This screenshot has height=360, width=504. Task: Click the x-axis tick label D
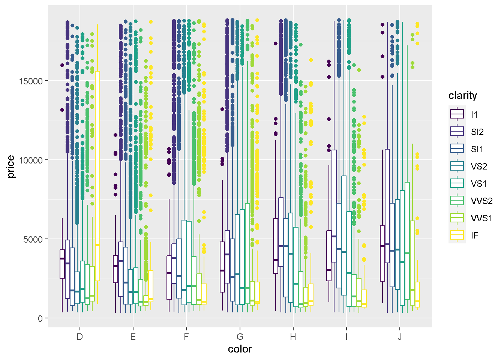(x=79, y=337)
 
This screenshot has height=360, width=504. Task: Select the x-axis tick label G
(x=240, y=337)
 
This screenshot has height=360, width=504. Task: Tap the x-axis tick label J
(x=400, y=337)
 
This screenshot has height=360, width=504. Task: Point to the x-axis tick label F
(x=186, y=337)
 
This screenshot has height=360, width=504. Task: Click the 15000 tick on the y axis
(x=31, y=81)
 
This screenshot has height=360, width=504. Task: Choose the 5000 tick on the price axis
(x=33, y=239)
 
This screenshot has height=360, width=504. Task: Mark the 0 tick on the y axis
(x=40, y=318)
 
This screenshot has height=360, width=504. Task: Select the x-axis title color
(x=240, y=349)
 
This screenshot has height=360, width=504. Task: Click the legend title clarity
(x=463, y=96)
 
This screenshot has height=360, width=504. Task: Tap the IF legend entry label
(x=475, y=235)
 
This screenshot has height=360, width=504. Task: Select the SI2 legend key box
(x=457, y=132)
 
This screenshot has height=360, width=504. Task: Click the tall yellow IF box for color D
(x=97, y=176)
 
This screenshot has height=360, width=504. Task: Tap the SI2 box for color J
(x=387, y=206)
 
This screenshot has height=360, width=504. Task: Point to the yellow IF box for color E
(x=151, y=286)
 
